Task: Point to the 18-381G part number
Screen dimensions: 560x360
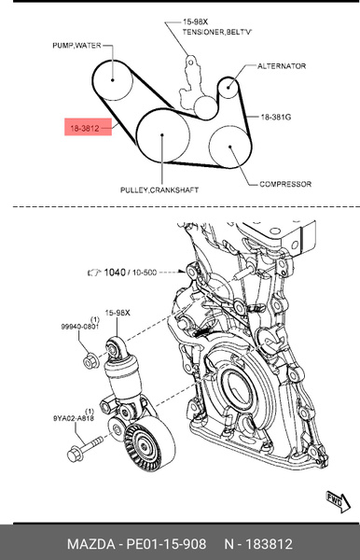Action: [277, 118]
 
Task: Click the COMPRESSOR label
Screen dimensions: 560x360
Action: [286, 184]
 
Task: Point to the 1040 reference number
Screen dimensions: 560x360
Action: [115, 273]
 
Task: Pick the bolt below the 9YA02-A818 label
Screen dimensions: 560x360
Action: [78, 455]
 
